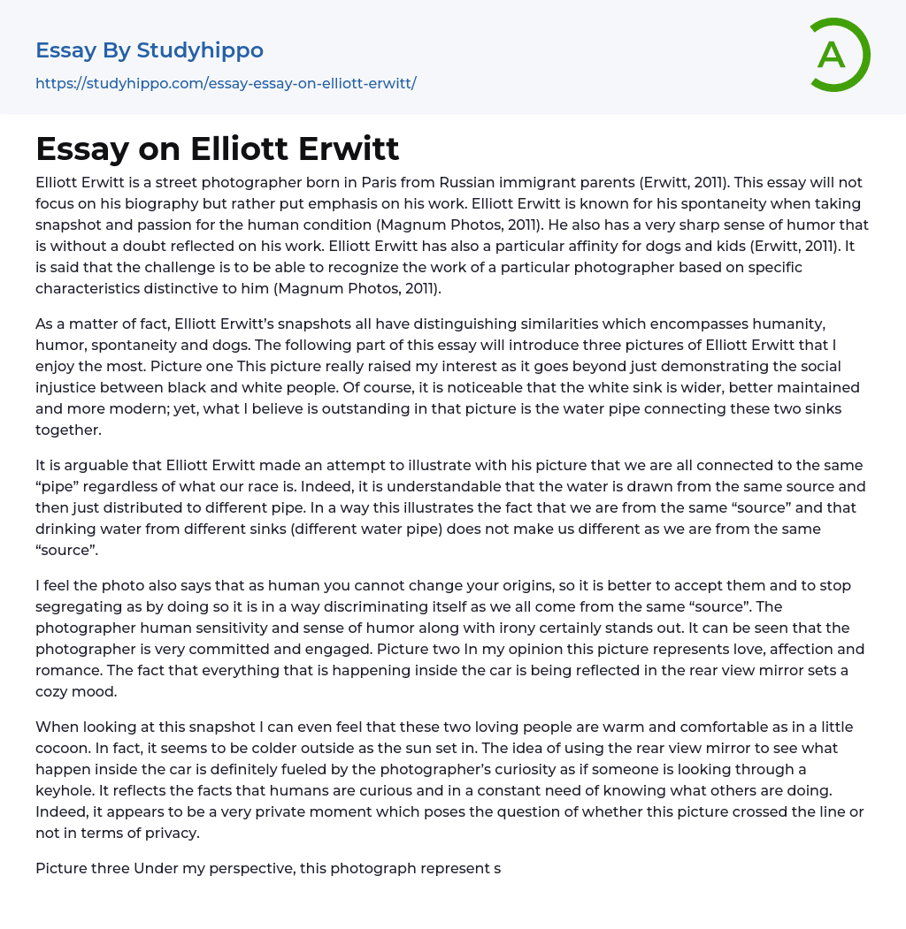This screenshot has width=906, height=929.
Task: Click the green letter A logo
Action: coord(838,55)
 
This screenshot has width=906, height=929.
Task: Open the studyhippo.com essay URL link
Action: coord(226,83)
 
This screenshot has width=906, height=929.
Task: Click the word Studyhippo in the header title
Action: coord(200,50)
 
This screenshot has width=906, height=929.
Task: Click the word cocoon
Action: coord(63,748)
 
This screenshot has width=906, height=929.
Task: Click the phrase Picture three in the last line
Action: coord(82,868)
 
